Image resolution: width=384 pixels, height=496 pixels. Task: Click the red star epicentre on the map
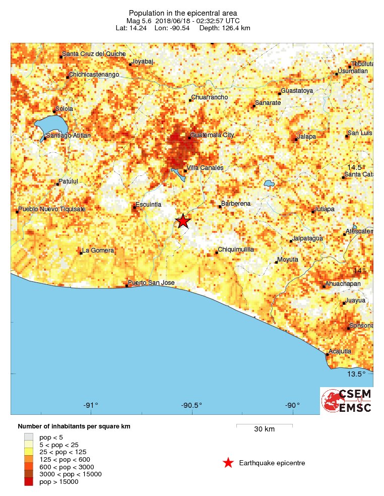183,221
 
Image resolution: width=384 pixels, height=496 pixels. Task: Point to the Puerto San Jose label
151,283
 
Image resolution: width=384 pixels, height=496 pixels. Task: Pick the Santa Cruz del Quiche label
94,54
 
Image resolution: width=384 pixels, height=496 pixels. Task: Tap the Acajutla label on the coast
339,351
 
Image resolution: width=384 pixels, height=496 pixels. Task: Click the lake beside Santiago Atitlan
50,124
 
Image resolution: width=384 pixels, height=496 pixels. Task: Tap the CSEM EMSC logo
346,401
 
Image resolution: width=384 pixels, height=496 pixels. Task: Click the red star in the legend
228,463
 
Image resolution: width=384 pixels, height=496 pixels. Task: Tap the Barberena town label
235,204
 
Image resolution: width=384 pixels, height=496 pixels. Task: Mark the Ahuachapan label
344,284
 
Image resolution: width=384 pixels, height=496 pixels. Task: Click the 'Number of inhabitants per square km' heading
74,426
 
